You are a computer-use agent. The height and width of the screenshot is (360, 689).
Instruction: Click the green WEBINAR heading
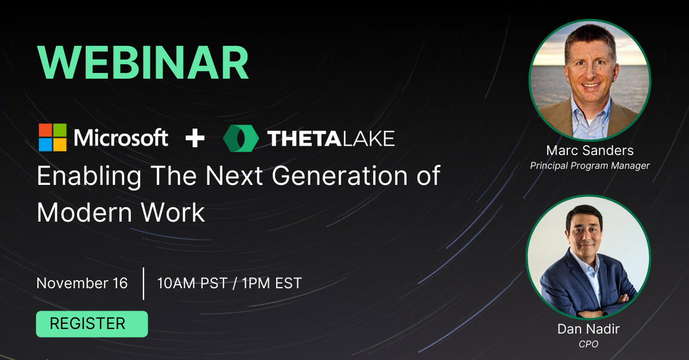point(143,63)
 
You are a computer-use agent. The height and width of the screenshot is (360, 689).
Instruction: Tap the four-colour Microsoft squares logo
point(52,138)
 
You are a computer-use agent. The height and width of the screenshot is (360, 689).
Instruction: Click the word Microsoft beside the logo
point(121,138)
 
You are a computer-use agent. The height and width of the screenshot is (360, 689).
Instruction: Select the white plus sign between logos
point(195,138)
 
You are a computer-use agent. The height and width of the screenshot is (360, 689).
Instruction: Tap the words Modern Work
point(121,212)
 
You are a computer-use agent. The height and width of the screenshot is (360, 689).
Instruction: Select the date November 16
point(82,283)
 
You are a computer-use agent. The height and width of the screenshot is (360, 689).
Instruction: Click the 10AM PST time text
point(192,283)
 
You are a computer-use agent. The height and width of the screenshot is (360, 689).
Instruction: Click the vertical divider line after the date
point(143,283)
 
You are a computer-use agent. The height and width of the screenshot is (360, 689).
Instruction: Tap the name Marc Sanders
point(590,151)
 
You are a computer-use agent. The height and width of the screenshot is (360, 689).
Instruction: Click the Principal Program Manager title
point(590,166)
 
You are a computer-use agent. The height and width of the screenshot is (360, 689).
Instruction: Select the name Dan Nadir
point(589,330)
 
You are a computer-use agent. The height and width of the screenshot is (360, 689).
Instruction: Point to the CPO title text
point(589,343)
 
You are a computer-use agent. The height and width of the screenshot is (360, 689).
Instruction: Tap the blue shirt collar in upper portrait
point(590,112)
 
